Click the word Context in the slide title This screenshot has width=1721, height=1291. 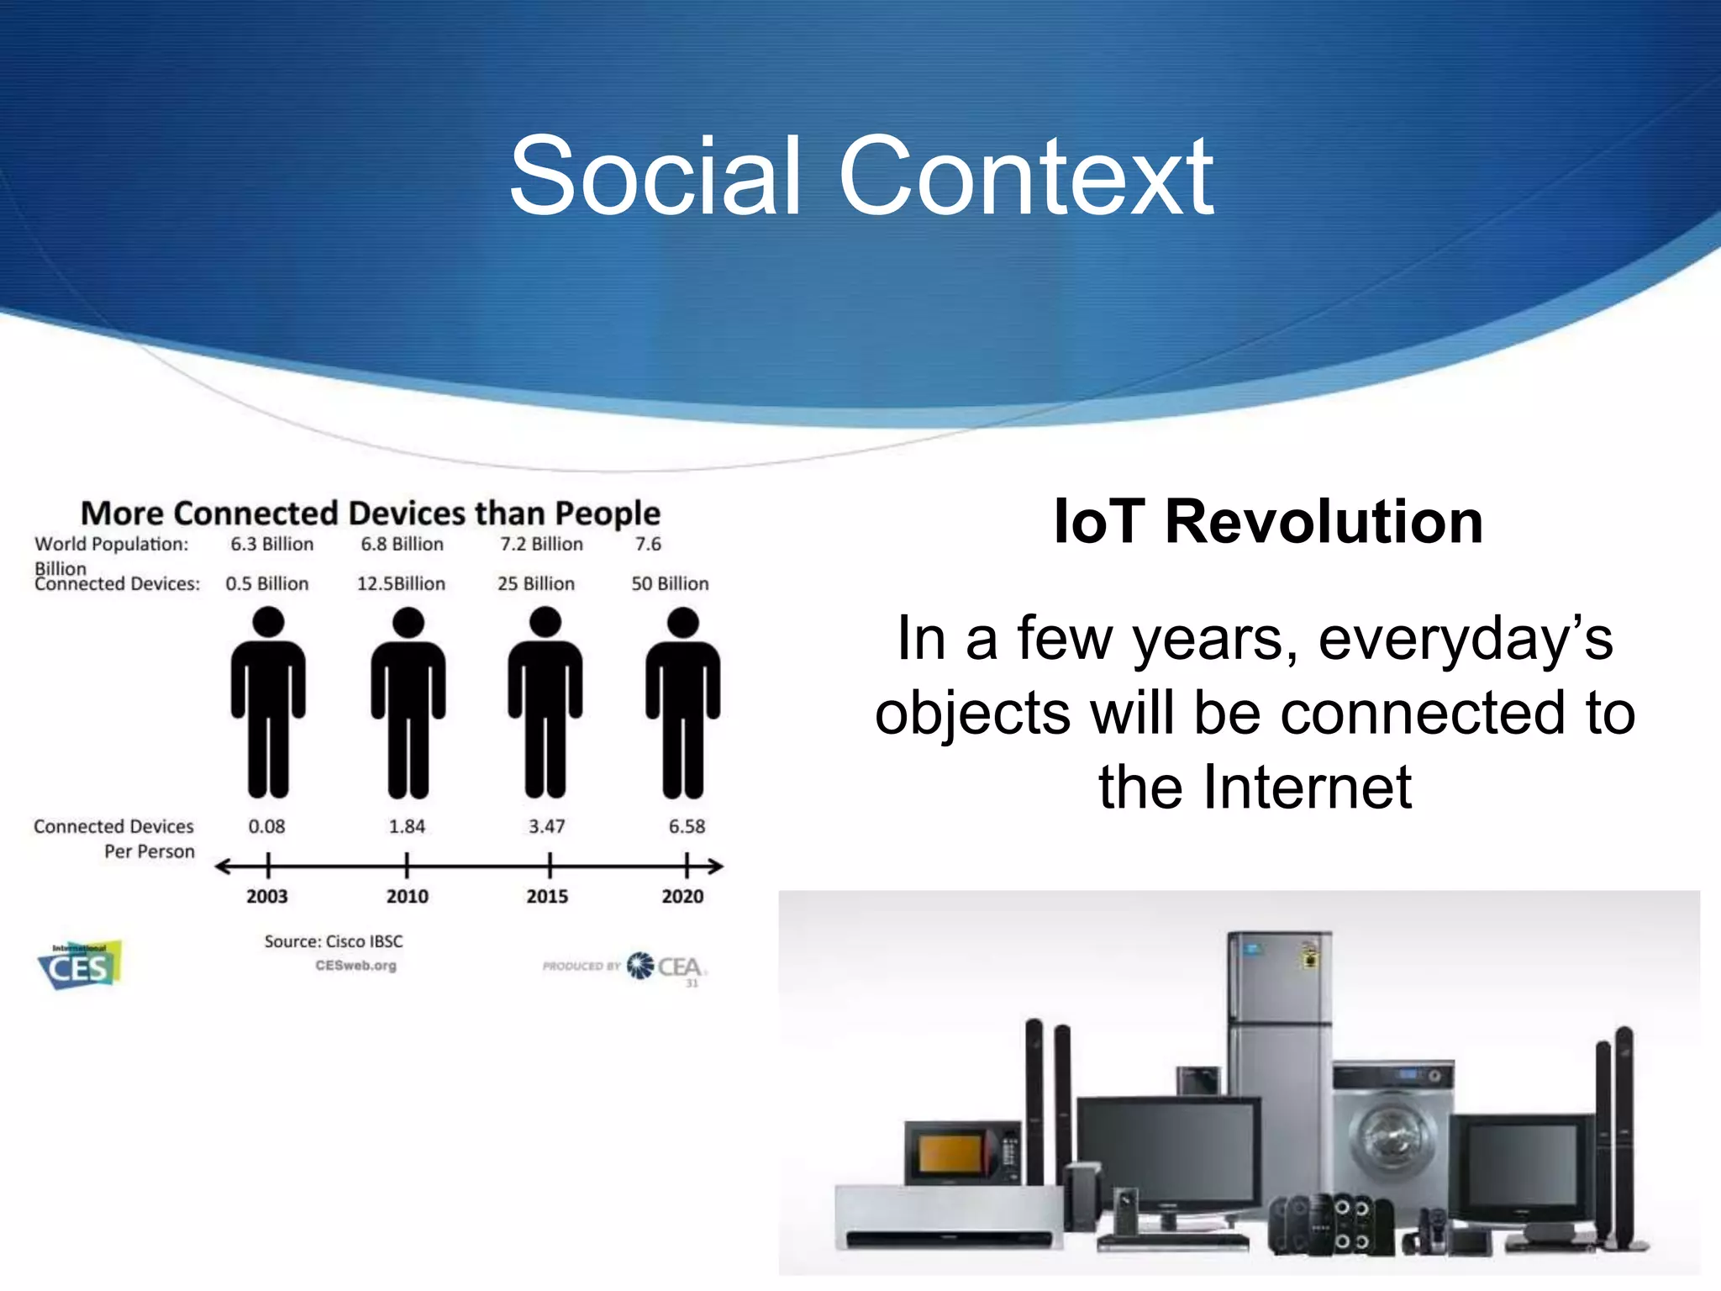click(x=1025, y=178)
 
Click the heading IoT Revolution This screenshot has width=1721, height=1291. click(x=1268, y=521)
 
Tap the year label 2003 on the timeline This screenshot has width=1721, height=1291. click(x=267, y=896)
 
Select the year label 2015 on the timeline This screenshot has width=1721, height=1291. click(x=547, y=896)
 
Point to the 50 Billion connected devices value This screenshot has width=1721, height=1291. click(x=670, y=583)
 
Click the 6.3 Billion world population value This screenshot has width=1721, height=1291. click(x=272, y=544)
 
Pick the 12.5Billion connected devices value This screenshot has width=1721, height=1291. click(x=401, y=583)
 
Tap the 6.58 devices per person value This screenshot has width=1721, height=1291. click(x=687, y=826)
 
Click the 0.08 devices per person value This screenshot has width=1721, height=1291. click(x=266, y=826)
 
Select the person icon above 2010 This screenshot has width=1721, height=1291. click(x=408, y=706)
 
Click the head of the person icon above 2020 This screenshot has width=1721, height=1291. click(x=682, y=623)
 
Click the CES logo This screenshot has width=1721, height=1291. click(x=81, y=965)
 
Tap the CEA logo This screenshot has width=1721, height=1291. click(x=668, y=967)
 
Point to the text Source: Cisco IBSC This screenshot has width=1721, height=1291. click(x=334, y=941)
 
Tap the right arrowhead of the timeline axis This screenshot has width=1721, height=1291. click(x=715, y=866)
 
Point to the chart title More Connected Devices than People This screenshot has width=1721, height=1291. click(x=371, y=513)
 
